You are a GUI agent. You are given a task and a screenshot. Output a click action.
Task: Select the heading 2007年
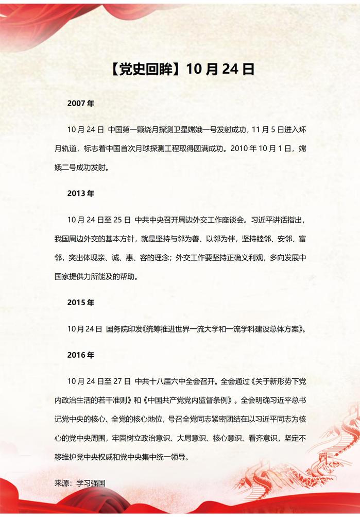81,104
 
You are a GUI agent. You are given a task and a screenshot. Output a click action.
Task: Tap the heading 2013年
81,194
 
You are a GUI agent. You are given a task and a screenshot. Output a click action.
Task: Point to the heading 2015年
81,303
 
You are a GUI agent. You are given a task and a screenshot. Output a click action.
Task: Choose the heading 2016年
81,355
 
